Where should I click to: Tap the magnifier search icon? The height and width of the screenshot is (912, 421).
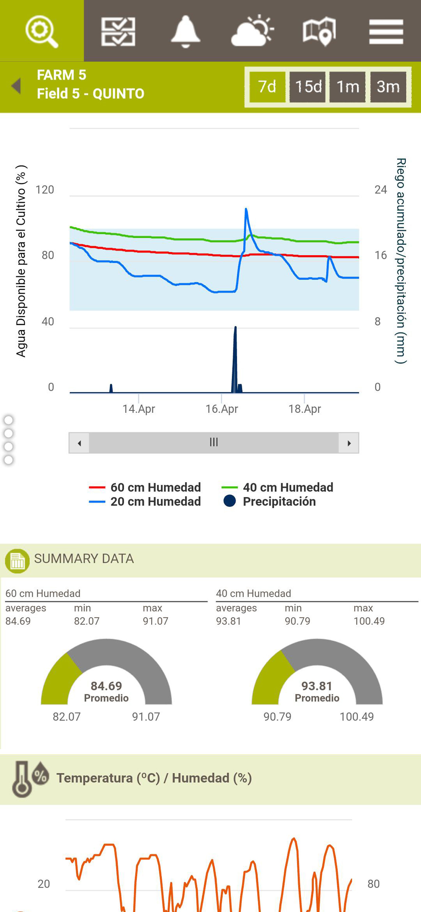(42, 31)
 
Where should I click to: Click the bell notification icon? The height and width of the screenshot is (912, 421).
(185, 31)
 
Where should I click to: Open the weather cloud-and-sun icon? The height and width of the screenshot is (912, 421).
(252, 31)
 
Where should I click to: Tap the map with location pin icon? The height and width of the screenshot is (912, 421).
(319, 31)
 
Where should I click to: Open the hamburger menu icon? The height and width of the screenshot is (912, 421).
(386, 32)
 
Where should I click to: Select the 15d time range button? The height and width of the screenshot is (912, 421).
(308, 87)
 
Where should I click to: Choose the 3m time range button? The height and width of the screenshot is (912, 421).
(388, 87)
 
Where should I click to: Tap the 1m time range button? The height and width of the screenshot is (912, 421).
(347, 87)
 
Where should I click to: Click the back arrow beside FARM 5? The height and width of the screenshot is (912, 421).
(16, 86)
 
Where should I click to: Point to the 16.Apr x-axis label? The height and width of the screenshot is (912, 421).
(222, 409)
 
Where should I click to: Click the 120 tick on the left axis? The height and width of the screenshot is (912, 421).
(45, 190)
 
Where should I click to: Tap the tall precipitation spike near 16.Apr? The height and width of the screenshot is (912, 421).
(235, 354)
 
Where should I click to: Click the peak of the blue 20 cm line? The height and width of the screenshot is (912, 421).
(246, 210)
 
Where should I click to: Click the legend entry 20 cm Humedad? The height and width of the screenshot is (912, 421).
(155, 502)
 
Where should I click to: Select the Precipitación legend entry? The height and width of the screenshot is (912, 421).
(279, 502)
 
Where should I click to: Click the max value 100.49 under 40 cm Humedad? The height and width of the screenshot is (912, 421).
(369, 621)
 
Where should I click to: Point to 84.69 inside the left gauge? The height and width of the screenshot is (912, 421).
(106, 686)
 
